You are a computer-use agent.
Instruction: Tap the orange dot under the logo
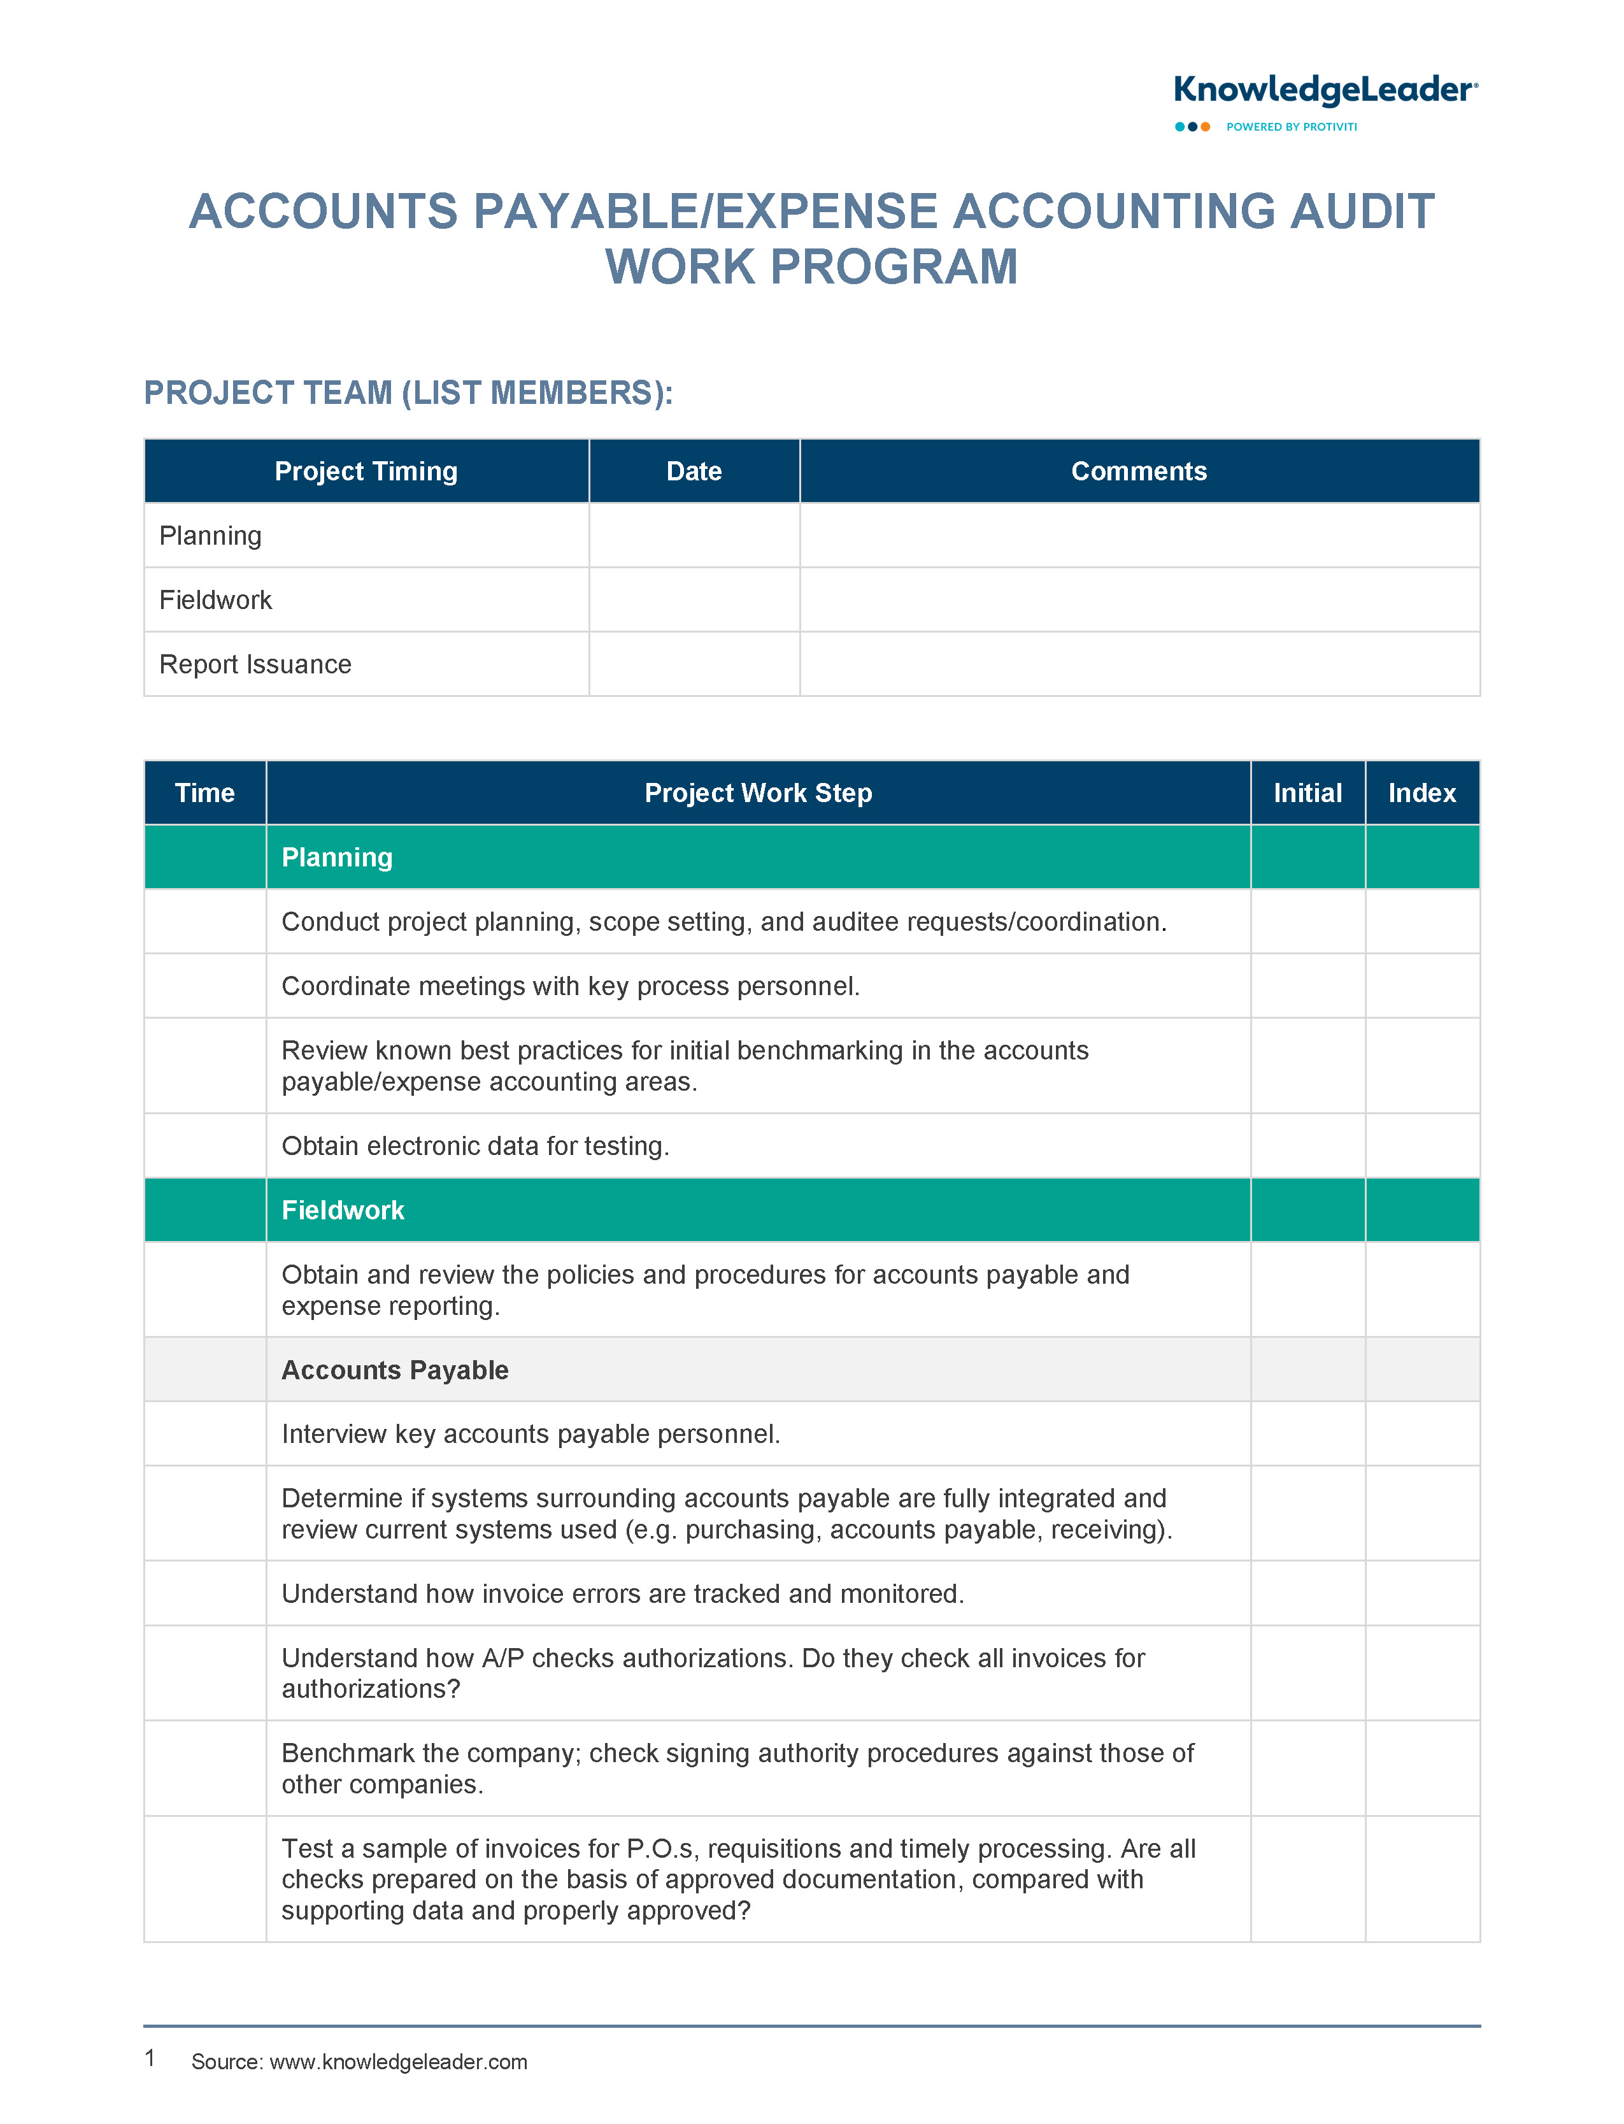1206,127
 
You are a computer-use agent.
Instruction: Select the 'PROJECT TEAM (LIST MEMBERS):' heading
408,394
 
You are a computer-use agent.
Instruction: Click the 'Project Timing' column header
366,471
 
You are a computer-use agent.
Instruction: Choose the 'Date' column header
694,471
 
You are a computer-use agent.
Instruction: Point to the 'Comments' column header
1139,471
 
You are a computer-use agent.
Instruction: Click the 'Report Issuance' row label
255,664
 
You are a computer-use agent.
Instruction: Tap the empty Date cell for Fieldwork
694,599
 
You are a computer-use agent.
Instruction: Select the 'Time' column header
205,793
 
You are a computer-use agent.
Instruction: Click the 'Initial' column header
1307,793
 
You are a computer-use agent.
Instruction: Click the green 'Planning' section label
336,857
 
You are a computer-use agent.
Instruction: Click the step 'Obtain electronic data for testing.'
474,1145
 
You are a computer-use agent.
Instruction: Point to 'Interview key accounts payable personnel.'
531,1433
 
